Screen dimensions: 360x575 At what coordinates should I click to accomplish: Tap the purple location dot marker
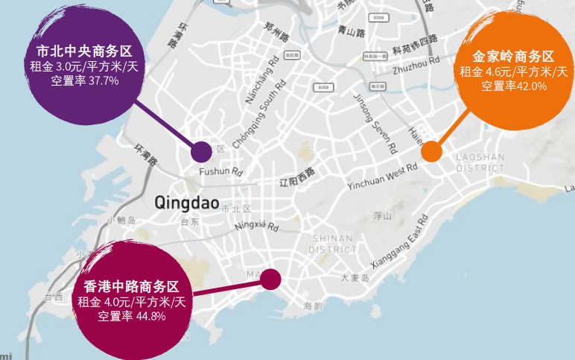(201, 152)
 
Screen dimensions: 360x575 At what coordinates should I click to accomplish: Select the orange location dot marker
(431, 151)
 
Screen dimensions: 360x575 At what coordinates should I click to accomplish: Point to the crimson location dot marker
(270, 280)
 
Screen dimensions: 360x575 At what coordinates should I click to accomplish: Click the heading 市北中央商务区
(84, 51)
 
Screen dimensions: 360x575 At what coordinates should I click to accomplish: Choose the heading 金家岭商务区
(514, 57)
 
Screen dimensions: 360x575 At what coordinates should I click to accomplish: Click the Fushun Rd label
(222, 172)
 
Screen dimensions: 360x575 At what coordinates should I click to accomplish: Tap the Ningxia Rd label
(255, 225)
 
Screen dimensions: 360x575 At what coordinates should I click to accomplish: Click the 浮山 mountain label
(382, 216)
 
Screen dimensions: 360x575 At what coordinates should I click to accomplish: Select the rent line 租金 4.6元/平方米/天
(514, 72)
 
